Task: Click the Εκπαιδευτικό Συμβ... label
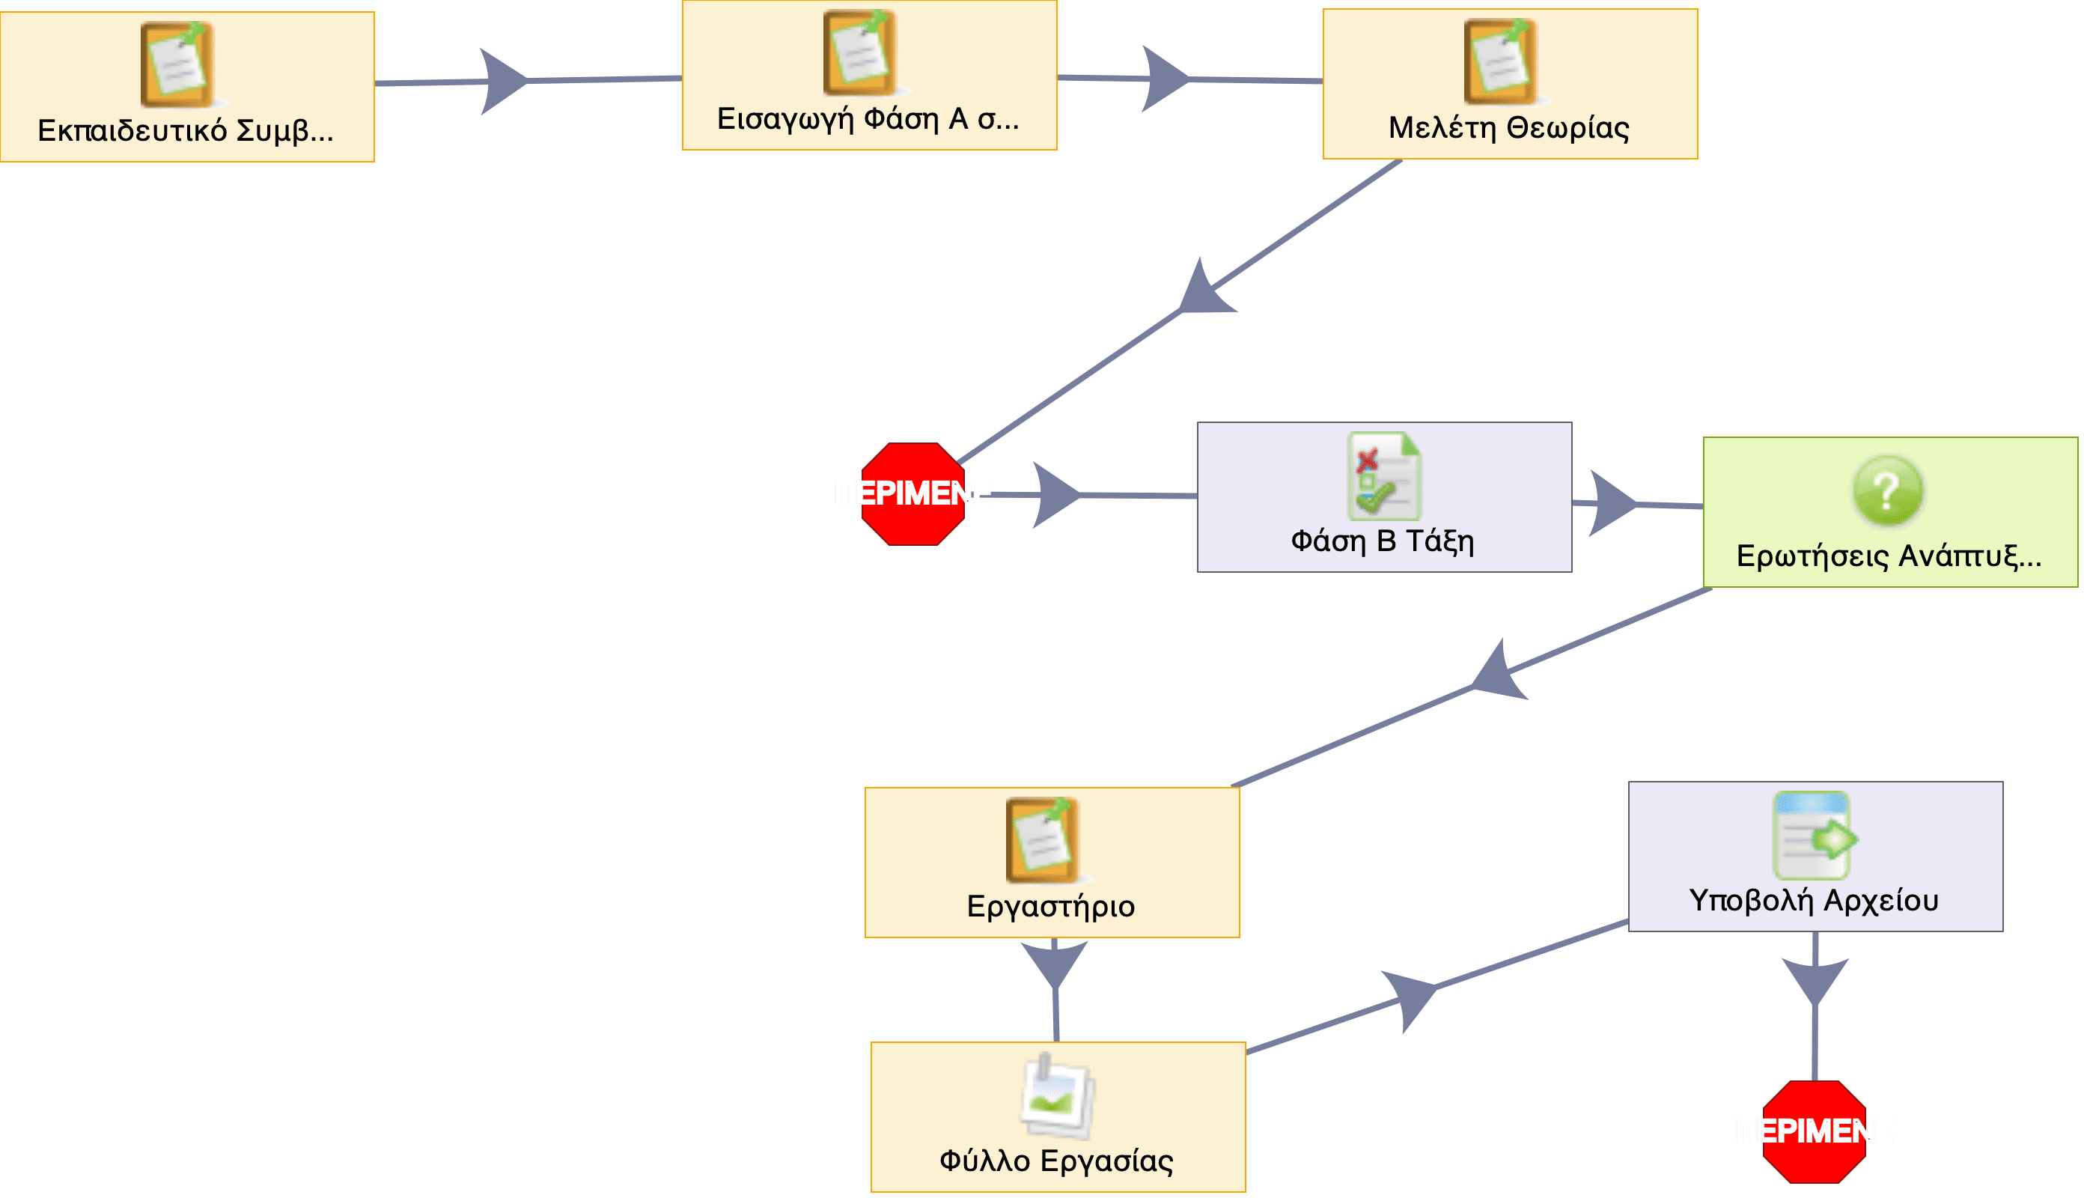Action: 186,131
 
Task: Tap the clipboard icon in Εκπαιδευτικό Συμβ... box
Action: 177,64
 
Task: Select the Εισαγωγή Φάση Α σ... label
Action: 868,119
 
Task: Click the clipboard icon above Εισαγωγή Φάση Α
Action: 860,52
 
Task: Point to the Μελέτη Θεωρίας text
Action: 1509,128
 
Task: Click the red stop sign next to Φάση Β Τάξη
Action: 913,493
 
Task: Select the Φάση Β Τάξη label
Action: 1383,541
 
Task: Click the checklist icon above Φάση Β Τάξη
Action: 1384,475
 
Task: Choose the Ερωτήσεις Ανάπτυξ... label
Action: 1889,557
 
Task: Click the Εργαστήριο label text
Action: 1051,907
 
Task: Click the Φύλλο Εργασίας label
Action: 1057,1162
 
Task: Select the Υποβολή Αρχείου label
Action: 1815,901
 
